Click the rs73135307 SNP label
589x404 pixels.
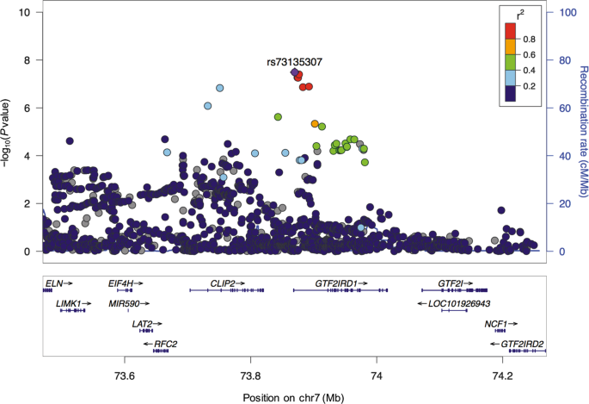294,62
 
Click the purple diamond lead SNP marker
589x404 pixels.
294,73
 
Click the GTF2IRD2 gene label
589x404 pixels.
521,344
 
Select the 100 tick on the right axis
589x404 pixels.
567,13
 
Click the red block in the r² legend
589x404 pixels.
510,31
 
